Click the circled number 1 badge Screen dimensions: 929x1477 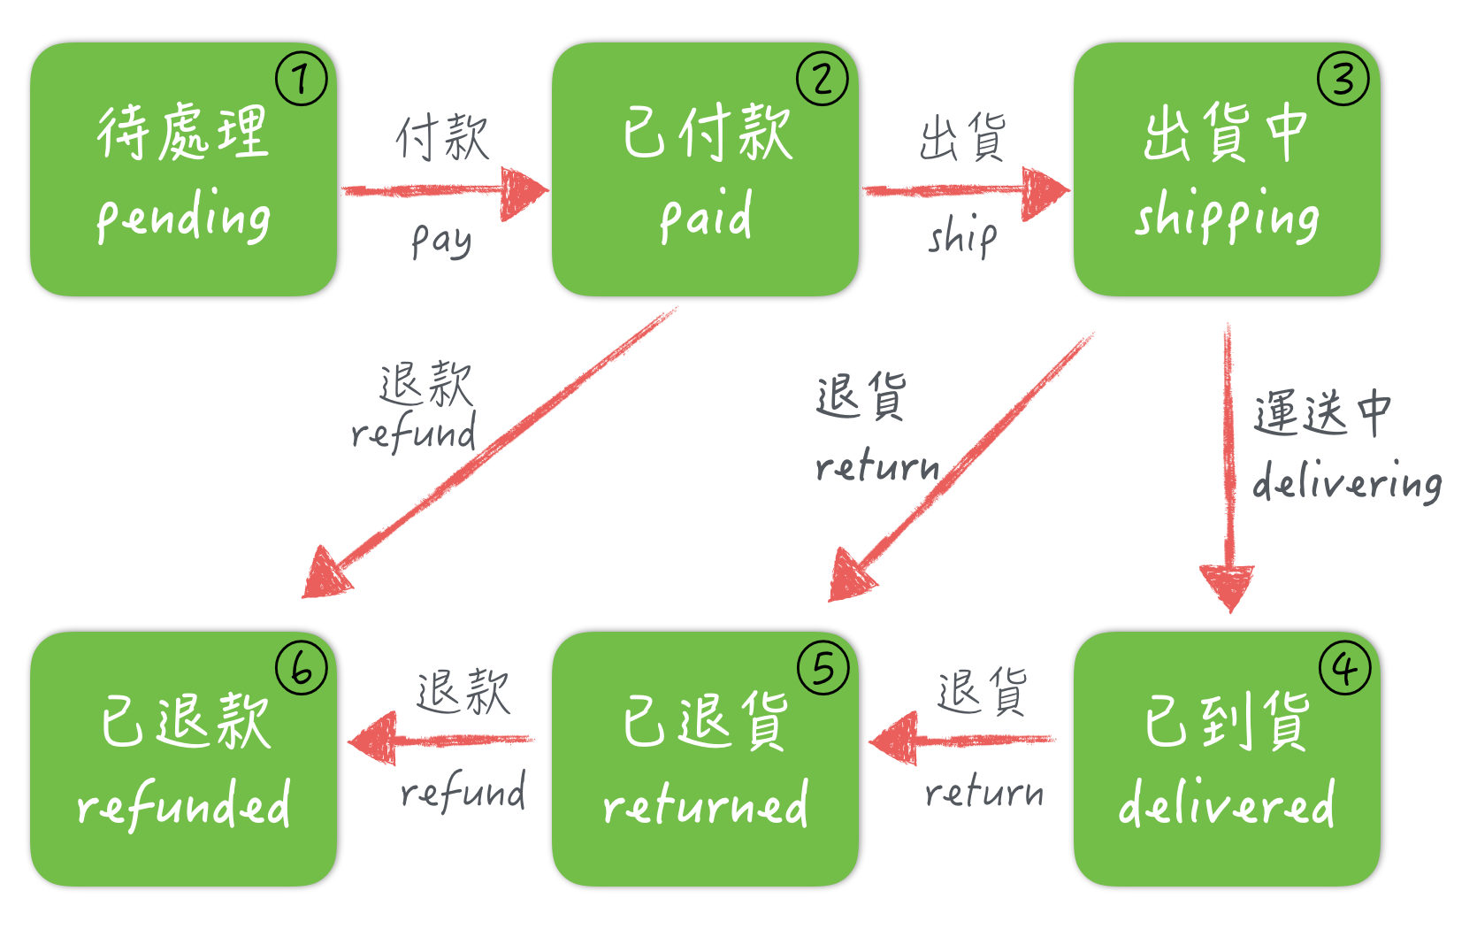tap(302, 80)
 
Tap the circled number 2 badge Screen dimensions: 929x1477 tap(823, 80)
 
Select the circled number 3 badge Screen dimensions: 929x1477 tap(1343, 80)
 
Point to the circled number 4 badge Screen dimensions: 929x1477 tap(1344, 669)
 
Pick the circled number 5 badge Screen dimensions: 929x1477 tap(823, 669)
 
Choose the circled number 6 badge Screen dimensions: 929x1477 tap(302, 669)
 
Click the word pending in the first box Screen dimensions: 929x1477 tap(184, 218)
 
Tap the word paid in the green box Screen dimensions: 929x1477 tap(706, 216)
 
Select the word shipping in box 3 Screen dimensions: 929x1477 tap(1227, 216)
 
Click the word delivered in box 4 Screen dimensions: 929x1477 tap(1227, 803)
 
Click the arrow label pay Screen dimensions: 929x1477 tap(441, 240)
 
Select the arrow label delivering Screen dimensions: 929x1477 tap(1347, 482)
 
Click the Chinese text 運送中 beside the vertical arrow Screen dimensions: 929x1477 tap(1322, 413)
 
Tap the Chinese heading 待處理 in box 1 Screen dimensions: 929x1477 tap(183, 133)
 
